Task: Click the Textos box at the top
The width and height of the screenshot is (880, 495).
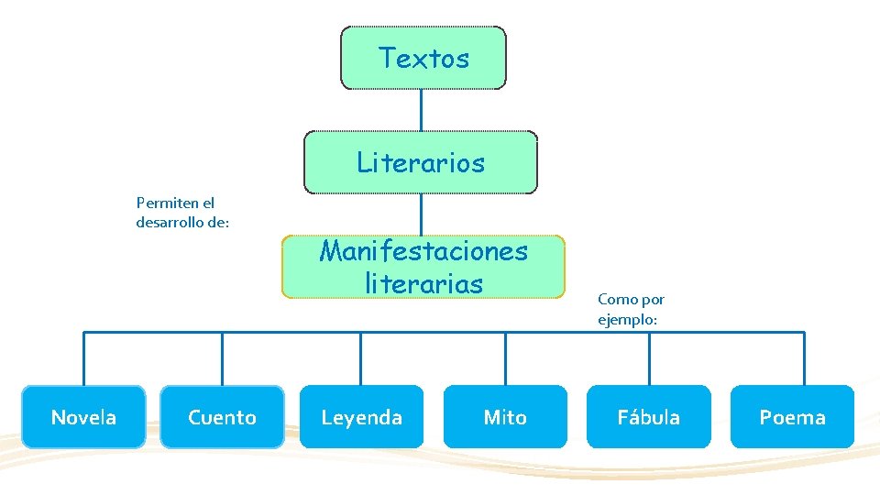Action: (x=423, y=58)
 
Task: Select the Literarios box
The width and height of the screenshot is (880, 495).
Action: (x=421, y=162)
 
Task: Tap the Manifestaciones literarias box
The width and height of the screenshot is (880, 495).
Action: (x=423, y=267)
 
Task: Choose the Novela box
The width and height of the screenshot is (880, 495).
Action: (x=83, y=417)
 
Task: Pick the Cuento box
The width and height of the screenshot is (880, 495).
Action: (x=222, y=417)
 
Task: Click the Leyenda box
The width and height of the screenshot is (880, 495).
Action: (x=361, y=417)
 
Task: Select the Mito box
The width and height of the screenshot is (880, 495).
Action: (x=505, y=417)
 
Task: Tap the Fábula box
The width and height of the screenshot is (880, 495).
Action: (x=648, y=417)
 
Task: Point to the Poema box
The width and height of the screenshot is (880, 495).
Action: (x=792, y=417)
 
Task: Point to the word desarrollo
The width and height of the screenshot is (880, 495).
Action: (x=170, y=222)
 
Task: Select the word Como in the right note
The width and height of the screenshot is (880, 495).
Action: (x=613, y=300)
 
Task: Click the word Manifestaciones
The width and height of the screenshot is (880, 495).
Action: (x=423, y=250)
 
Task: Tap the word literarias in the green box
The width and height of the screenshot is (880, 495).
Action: (x=423, y=283)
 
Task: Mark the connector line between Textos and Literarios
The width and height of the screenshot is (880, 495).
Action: (x=421, y=110)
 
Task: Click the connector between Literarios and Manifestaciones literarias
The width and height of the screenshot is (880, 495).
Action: (x=421, y=214)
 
